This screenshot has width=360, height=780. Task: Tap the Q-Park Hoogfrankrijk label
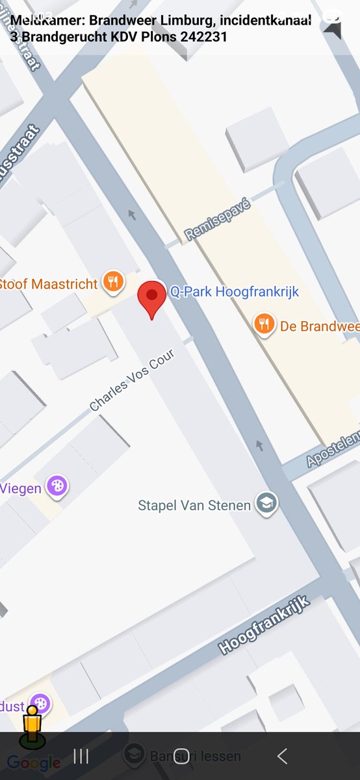pyautogui.click(x=234, y=292)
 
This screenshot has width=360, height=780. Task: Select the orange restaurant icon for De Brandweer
pyautogui.click(x=264, y=324)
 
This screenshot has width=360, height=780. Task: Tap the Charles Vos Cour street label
pyautogui.click(x=133, y=384)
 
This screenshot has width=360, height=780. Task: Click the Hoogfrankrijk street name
pyautogui.click(x=264, y=625)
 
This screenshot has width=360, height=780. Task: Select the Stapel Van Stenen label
pyautogui.click(x=194, y=505)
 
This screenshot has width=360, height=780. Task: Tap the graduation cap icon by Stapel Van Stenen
pyautogui.click(x=266, y=502)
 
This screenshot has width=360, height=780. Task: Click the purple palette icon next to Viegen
pyautogui.click(x=58, y=486)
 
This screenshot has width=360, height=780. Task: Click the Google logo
pyautogui.click(x=34, y=763)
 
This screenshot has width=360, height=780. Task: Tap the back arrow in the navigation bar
pyautogui.click(x=282, y=755)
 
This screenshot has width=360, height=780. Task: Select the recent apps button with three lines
pyautogui.click(x=81, y=755)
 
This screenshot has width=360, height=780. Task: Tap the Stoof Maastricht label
pyautogui.click(x=49, y=284)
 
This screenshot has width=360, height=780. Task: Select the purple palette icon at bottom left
pyautogui.click(x=40, y=703)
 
